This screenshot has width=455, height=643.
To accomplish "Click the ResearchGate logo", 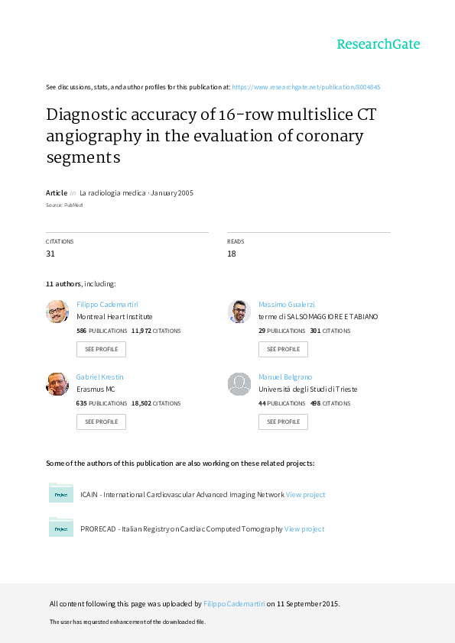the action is pyautogui.click(x=379, y=44).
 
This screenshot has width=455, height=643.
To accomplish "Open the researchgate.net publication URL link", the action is pyautogui.click(x=306, y=87).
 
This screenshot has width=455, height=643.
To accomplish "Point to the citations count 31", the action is pyautogui.click(x=50, y=254).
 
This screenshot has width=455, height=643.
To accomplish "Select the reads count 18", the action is pyautogui.click(x=232, y=254).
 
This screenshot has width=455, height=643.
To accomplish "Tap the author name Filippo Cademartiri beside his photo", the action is pyautogui.click(x=107, y=304).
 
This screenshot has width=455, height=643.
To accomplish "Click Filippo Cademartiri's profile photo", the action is pyautogui.click(x=57, y=312).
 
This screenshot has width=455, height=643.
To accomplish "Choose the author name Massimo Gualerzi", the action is pyautogui.click(x=287, y=304).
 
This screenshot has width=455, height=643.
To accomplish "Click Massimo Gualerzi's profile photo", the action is pyautogui.click(x=239, y=312).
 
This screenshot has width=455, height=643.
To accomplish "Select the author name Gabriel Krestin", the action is pyautogui.click(x=99, y=376).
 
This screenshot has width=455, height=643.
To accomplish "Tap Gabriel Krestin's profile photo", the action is pyautogui.click(x=57, y=384).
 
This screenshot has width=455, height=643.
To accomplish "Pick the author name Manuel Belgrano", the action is pyautogui.click(x=285, y=376).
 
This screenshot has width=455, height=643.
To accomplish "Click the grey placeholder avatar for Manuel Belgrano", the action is pyautogui.click(x=239, y=384).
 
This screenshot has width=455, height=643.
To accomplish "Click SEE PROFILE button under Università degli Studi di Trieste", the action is pyautogui.click(x=283, y=422).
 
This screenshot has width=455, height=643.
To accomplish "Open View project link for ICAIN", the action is pyautogui.click(x=306, y=495).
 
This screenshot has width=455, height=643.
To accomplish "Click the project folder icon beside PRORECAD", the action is pyautogui.click(x=60, y=527).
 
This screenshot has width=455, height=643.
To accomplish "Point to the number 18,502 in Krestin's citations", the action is pyautogui.click(x=141, y=403).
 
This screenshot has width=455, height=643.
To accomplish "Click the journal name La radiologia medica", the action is pyautogui.click(x=112, y=192).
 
